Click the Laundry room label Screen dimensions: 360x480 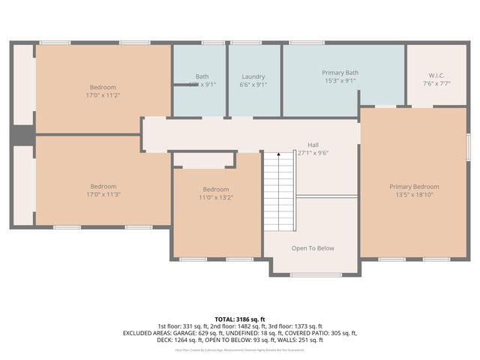[x=253, y=76]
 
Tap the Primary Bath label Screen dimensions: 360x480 [x=340, y=73]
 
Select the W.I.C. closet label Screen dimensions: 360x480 [x=436, y=75]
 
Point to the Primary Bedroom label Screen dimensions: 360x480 [x=414, y=187]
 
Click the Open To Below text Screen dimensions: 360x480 [x=313, y=248]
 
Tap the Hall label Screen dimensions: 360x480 [x=313, y=145]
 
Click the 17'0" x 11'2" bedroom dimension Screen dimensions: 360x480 [x=103, y=95]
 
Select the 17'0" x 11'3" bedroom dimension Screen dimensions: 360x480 [x=103, y=194]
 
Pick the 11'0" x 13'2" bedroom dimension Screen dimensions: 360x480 [x=216, y=198]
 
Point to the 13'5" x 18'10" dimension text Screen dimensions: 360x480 [x=414, y=195]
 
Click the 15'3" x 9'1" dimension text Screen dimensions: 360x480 [x=340, y=81]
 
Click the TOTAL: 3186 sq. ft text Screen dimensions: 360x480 [x=240, y=319]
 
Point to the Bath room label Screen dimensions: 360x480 [x=202, y=76]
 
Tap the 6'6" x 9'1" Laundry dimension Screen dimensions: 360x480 [x=253, y=85]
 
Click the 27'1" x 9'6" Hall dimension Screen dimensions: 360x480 [x=313, y=153]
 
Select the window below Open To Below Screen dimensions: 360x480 [x=313, y=275]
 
